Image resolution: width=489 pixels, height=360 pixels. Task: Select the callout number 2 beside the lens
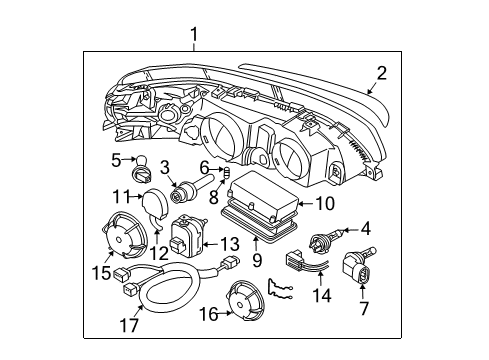point(382,72)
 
